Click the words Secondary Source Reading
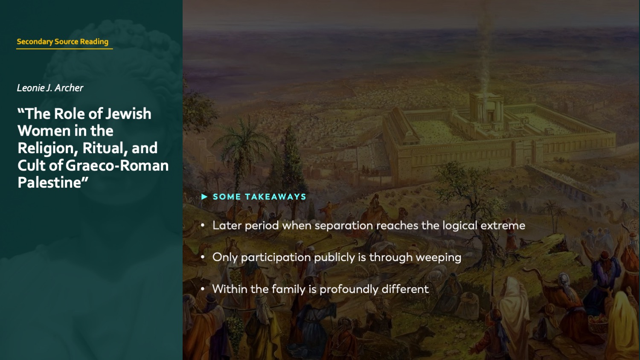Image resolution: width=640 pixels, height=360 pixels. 62,41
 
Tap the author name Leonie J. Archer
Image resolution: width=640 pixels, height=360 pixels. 50,88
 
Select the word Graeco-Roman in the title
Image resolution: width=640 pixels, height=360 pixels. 117,165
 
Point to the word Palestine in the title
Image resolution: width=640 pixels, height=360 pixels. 49,183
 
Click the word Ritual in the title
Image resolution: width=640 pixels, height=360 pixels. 105,148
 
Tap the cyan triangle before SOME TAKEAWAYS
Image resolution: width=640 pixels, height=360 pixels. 204,197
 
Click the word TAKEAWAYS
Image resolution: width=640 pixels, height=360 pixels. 275,197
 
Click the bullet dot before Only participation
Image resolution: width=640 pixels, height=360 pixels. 203,257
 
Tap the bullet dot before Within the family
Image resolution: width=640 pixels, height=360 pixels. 203,289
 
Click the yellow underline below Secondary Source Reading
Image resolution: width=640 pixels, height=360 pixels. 64,49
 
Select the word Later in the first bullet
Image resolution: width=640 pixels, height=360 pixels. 227,225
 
